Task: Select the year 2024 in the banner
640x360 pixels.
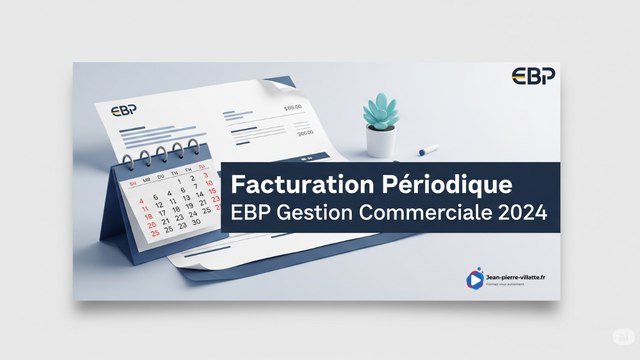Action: click(x=523, y=214)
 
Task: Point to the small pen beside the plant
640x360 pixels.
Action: click(x=427, y=150)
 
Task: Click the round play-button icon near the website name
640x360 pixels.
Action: click(x=474, y=280)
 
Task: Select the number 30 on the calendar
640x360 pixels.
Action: click(x=197, y=221)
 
